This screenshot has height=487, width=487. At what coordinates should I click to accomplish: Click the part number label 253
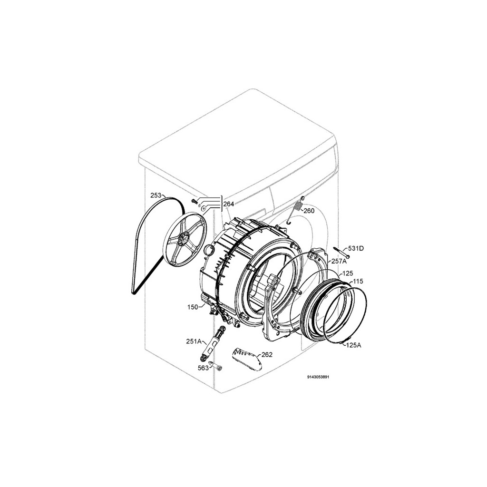click(156, 195)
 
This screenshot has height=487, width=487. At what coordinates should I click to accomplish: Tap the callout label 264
click(229, 204)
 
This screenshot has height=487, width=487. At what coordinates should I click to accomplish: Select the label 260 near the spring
click(309, 211)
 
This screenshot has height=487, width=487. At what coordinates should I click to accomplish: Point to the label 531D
click(356, 248)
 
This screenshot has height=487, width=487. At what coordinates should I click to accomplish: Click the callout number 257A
click(339, 261)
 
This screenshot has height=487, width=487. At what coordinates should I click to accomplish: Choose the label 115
click(358, 282)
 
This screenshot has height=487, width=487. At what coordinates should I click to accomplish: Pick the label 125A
click(353, 345)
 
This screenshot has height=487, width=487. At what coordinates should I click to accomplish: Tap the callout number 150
click(193, 307)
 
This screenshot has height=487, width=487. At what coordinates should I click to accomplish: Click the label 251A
click(194, 341)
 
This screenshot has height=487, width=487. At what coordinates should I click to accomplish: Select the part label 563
click(204, 368)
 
